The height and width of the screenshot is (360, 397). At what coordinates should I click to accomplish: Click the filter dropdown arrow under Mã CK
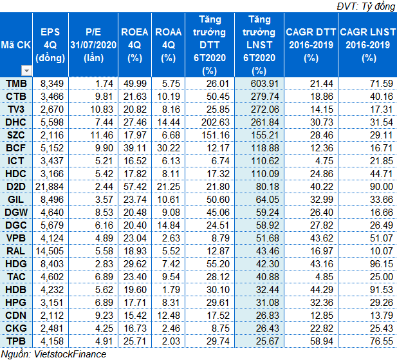click(x=26, y=71)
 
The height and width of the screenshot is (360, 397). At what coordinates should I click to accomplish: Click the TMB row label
click(x=16, y=84)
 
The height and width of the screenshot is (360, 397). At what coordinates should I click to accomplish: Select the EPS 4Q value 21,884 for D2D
click(x=50, y=187)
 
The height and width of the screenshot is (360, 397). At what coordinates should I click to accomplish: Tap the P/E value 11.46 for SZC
click(x=102, y=135)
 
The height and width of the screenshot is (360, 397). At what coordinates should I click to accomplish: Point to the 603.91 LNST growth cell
click(x=264, y=84)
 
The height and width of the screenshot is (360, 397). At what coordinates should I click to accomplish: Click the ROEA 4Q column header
click(x=134, y=45)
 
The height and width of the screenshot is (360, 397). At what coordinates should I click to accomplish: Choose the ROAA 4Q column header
click(x=169, y=45)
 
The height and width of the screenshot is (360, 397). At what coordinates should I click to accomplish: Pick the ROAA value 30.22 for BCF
click(x=169, y=148)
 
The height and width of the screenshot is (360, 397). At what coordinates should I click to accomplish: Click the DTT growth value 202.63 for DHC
click(x=215, y=122)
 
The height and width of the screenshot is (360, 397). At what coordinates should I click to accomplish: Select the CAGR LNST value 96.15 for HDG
click(x=382, y=264)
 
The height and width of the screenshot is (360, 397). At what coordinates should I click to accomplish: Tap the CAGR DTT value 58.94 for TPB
click(x=322, y=341)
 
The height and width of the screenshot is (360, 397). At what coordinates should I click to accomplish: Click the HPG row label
click(x=15, y=303)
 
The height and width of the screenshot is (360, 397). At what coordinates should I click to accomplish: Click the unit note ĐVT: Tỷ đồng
click(x=366, y=6)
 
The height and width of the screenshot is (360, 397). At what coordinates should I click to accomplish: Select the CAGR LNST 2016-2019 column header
click(x=367, y=45)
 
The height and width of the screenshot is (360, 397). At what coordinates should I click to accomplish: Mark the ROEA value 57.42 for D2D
click(x=135, y=187)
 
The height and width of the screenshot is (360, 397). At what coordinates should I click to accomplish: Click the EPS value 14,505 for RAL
click(x=50, y=251)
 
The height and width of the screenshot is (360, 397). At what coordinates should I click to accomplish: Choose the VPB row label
click(x=16, y=238)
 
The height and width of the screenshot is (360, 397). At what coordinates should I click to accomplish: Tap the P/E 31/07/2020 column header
click(x=93, y=45)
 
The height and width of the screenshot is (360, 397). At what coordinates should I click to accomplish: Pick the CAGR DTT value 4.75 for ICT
click(x=324, y=161)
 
